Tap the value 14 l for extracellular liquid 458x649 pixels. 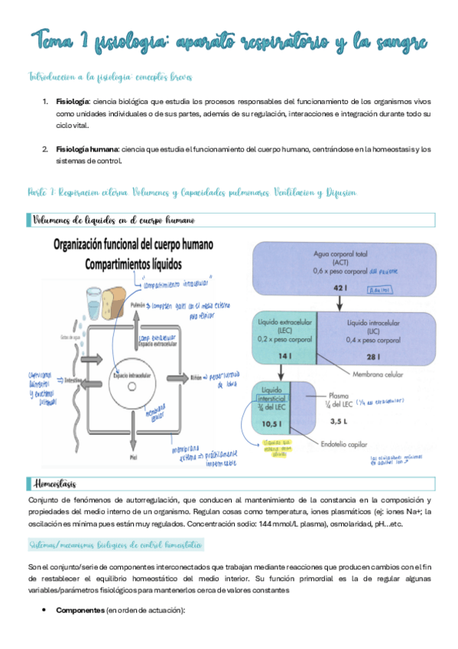pyautogui.click(x=284, y=357)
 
